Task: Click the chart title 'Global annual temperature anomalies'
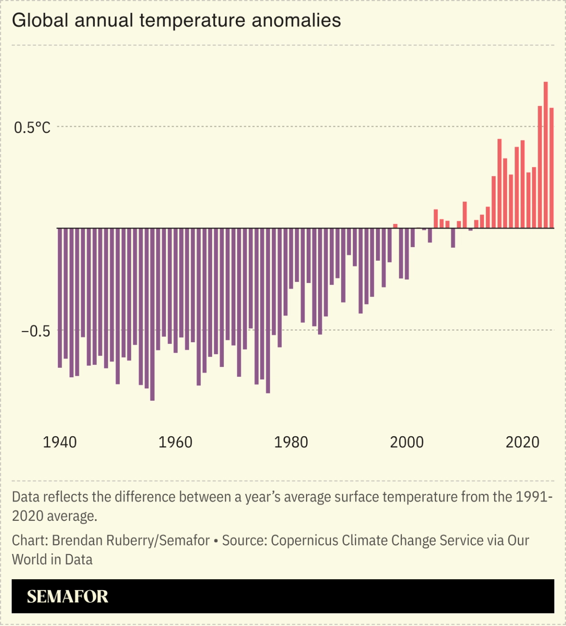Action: coord(176,21)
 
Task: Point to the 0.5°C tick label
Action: coord(32,128)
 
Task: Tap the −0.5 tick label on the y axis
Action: coord(35,331)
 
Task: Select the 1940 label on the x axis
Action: coord(59,442)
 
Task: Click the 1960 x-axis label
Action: coord(175,442)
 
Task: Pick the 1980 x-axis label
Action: coord(291,442)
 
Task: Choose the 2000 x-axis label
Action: coord(407,442)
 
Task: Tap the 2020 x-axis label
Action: coord(522,442)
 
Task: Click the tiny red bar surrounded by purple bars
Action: coord(395,226)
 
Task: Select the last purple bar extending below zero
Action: coord(470,229)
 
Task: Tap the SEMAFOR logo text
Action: coord(67,596)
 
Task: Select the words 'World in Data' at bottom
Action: coord(52,560)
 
